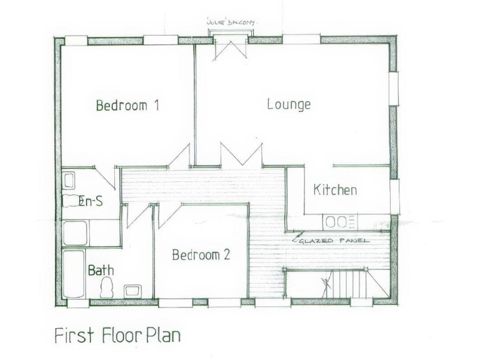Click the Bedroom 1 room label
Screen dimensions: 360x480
[x=127, y=106]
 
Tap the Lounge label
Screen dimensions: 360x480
[x=289, y=104]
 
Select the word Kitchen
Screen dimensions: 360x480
[x=335, y=190]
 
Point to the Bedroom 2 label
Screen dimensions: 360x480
[x=201, y=255]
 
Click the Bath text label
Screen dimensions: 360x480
[x=100, y=271]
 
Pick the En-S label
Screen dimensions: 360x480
[x=91, y=201]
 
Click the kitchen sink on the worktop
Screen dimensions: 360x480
[x=341, y=221]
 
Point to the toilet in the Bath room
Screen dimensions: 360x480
[x=107, y=287]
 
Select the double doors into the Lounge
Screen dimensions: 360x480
[x=241, y=155]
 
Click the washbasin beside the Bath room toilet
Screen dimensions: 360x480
[x=133, y=290]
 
